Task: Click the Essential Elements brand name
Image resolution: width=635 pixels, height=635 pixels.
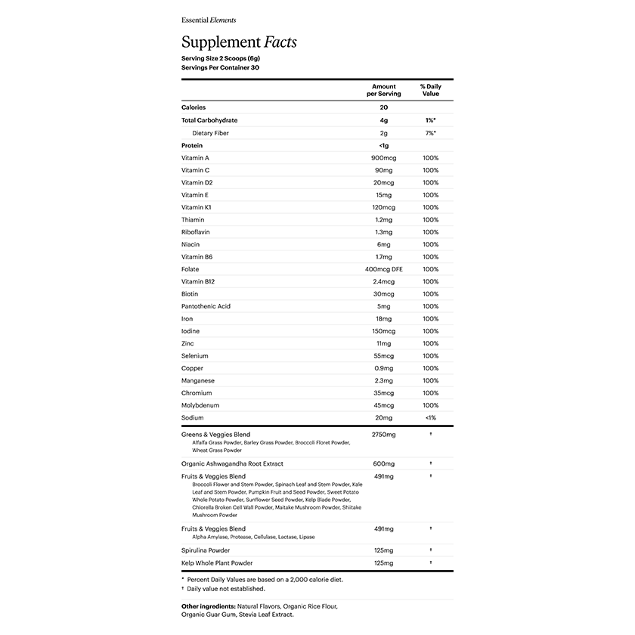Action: point(209,20)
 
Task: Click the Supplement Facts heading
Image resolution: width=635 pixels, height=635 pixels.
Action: point(239,42)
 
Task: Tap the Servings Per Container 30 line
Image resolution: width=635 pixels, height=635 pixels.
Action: point(221,67)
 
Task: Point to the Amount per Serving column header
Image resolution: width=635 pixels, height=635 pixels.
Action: point(384,90)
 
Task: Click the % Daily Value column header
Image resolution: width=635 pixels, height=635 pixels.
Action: point(431,90)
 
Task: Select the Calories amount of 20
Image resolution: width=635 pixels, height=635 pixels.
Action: point(384,107)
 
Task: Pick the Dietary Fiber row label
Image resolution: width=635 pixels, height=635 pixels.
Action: point(210,133)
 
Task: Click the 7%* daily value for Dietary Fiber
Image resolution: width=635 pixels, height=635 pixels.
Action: point(431,133)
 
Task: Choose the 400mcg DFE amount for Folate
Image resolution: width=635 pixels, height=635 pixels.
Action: point(384,269)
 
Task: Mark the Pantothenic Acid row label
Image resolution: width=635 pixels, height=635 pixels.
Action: point(206,306)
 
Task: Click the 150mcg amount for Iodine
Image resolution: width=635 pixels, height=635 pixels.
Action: point(384,331)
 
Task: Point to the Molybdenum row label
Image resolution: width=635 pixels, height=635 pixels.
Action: point(200,405)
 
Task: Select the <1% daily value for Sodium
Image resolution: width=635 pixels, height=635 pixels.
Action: point(431,418)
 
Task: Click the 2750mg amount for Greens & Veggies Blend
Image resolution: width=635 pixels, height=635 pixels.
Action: point(384,435)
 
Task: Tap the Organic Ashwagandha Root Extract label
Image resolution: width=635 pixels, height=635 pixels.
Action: point(232,463)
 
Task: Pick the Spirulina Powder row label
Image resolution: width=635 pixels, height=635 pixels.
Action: point(206,550)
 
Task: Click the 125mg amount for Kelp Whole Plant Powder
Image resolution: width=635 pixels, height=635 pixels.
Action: point(384,563)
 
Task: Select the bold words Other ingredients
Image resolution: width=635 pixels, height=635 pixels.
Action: point(208,606)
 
